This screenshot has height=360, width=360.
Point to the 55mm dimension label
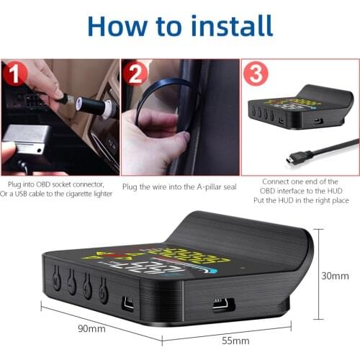pyautogui.click(x=235, y=339)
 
